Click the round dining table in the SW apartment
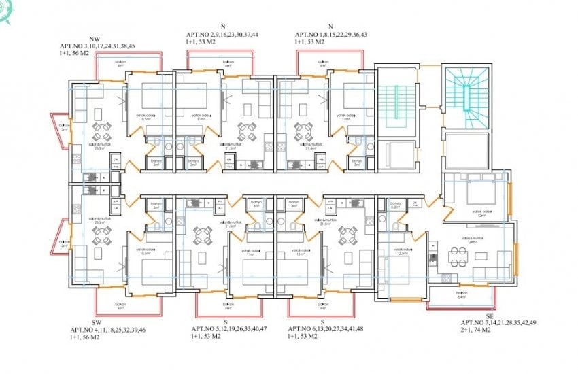pyautogui.click(x=102, y=235)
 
